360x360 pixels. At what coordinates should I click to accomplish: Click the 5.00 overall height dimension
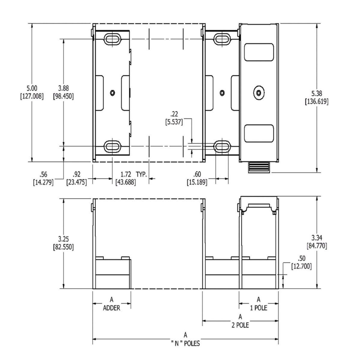(31, 88)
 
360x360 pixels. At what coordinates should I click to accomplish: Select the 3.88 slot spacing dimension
(63, 88)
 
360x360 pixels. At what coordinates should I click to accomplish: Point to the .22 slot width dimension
(174, 114)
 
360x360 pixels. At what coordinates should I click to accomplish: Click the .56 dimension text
(43, 174)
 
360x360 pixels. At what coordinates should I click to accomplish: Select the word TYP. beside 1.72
(141, 174)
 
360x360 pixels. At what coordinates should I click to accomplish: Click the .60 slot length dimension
(197, 174)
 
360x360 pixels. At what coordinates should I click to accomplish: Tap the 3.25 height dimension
(63, 239)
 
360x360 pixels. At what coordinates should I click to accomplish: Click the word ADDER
(111, 308)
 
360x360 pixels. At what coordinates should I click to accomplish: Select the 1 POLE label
(258, 308)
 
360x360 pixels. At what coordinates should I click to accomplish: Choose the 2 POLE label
(240, 325)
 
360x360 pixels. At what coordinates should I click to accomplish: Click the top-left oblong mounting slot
(112, 39)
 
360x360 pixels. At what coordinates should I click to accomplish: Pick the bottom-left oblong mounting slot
(112, 146)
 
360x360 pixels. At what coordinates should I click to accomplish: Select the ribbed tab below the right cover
(259, 167)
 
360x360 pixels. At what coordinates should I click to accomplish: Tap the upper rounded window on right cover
(259, 52)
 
